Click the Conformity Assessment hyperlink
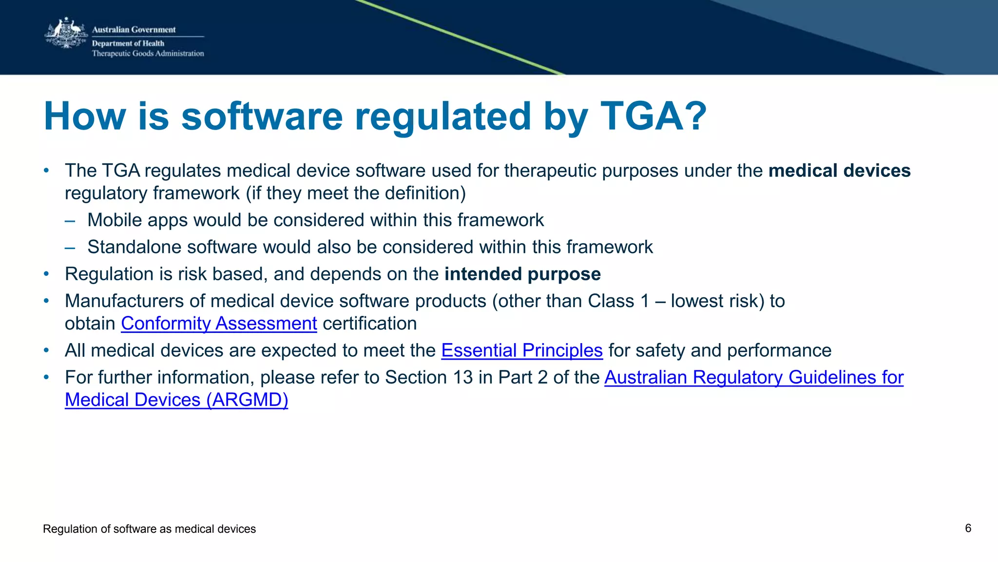(219, 324)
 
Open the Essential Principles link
(522, 350)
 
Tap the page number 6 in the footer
(968, 528)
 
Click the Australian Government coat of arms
(65, 34)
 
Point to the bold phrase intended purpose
(522, 274)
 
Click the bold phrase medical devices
(839, 171)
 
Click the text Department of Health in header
(128, 43)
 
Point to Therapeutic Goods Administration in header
(148, 54)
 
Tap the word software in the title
(262, 116)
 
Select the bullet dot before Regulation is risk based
(46, 274)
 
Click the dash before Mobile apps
(70, 220)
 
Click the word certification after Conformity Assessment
(369, 324)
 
